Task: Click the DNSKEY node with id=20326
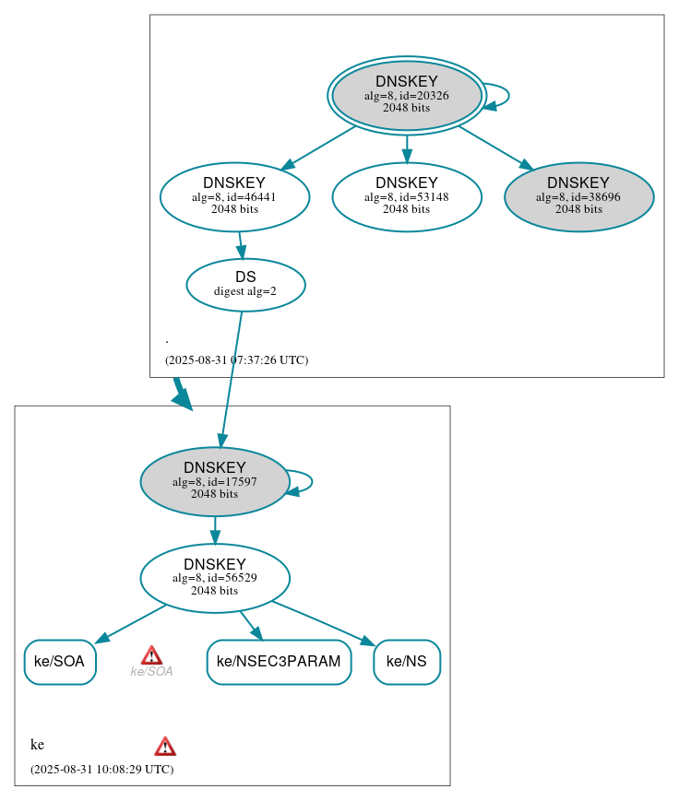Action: point(406,95)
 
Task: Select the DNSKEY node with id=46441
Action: point(234,196)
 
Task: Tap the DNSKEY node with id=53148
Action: point(406,196)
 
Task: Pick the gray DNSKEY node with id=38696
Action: point(578,196)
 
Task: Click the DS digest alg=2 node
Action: point(245,285)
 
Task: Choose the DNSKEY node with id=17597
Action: point(215,481)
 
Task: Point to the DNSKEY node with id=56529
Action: point(215,578)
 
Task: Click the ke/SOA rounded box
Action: point(59,662)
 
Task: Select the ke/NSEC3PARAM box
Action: point(279,662)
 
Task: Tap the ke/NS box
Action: point(406,662)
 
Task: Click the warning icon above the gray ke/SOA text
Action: point(152,655)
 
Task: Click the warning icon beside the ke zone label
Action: point(165,747)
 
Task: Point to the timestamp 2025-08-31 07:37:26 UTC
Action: point(236,360)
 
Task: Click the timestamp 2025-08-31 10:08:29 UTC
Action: point(101,769)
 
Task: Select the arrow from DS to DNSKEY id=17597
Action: point(231,378)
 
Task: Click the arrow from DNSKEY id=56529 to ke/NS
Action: point(323,622)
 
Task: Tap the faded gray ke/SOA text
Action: point(151,672)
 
